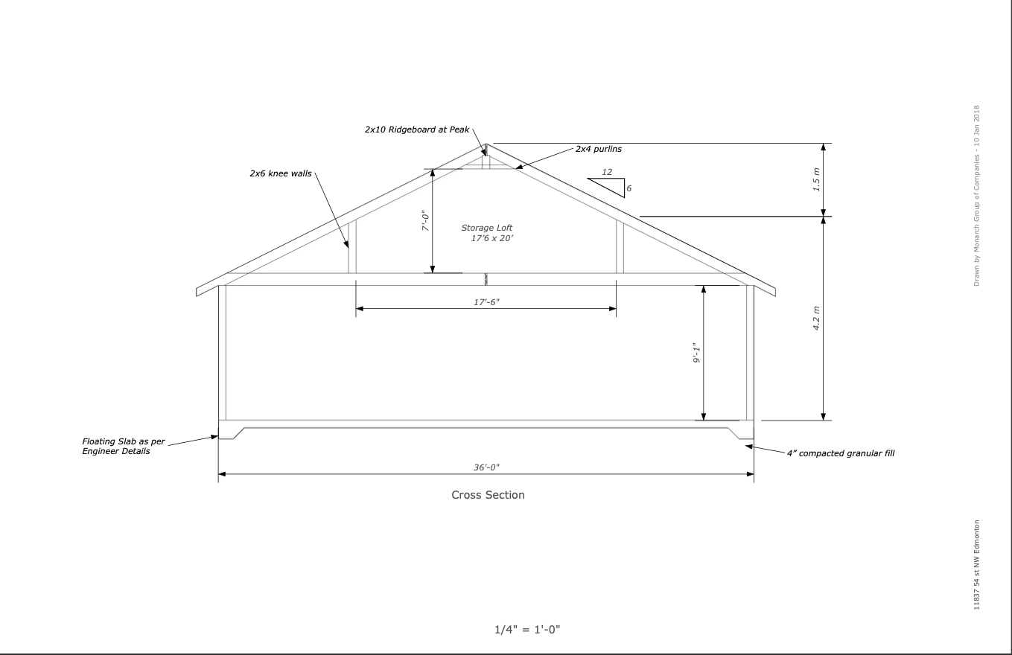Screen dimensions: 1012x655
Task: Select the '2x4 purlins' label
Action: [598, 149]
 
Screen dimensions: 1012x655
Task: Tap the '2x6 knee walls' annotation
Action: [280, 173]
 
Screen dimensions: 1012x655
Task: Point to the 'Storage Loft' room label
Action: [487, 228]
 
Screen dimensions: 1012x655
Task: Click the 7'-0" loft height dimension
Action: [424, 221]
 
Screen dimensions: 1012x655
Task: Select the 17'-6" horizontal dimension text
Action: [486, 301]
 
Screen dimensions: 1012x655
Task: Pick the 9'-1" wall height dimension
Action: [697, 353]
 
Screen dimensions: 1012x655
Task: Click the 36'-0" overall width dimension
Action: [486, 467]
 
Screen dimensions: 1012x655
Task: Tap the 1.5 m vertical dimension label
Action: [816, 180]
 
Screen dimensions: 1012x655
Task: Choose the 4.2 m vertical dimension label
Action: [816, 319]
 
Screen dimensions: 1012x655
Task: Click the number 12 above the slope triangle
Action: [607, 172]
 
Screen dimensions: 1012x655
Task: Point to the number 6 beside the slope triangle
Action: [628, 188]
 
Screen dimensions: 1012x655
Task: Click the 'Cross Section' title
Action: [488, 495]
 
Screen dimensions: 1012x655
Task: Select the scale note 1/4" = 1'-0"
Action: [527, 630]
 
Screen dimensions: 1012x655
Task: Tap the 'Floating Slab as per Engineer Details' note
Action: [116, 447]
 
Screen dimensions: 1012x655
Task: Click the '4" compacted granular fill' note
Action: [841, 453]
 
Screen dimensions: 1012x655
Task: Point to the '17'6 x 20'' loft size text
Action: [492, 239]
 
